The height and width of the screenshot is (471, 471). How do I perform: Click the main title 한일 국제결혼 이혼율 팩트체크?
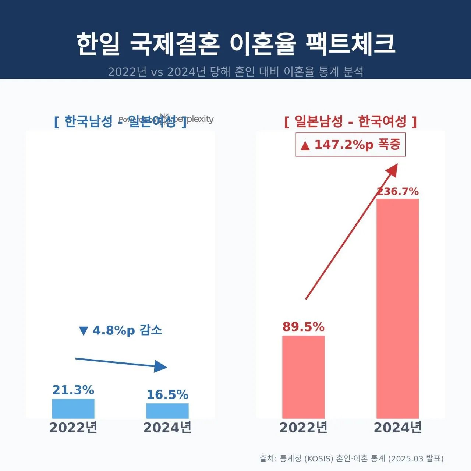[235, 43]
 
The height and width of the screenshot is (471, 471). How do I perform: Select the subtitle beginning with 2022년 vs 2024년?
[235, 71]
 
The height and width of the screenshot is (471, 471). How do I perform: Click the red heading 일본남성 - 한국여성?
[350, 121]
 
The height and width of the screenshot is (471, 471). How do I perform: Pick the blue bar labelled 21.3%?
[73, 408]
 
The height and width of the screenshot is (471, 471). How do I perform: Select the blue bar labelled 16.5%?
[167, 411]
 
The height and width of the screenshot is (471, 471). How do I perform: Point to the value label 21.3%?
[73, 390]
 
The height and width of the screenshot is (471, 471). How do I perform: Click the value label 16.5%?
[167, 395]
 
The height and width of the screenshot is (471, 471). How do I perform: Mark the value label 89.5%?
[304, 327]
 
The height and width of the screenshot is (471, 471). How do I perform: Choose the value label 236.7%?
[398, 191]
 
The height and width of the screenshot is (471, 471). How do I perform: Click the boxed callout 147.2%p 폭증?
[350, 145]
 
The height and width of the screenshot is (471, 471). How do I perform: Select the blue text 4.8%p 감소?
[120, 330]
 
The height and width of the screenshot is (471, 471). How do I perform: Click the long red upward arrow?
[351, 232]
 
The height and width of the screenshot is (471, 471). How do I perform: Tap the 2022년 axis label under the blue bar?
[73, 428]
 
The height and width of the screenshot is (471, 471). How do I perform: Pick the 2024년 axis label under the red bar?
[398, 428]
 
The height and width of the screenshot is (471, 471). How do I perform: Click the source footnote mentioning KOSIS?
[351, 458]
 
